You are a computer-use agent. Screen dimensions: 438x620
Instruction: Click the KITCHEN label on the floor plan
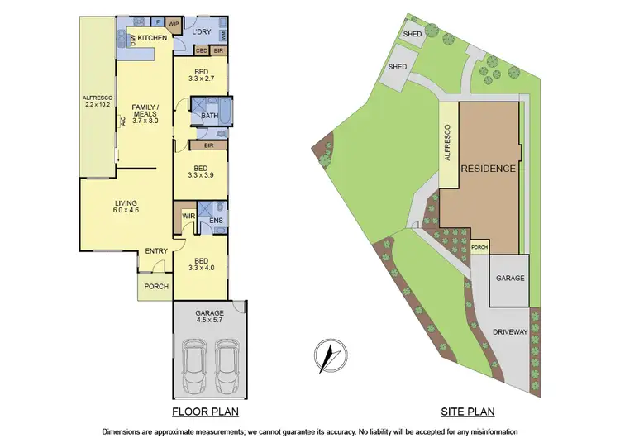coord(153,38)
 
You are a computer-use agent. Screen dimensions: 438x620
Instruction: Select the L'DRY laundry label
coord(203,33)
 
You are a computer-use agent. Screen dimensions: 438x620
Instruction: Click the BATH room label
coord(209,116)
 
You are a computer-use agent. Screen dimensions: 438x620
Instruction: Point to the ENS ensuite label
coord(216,221)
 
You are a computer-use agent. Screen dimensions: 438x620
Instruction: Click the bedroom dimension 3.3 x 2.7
coord(202,79)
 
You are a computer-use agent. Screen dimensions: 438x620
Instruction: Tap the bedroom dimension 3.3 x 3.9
coord(202,176)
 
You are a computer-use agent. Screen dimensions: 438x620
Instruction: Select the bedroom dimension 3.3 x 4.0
coord(202,267)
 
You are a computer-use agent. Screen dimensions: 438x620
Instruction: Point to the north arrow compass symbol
coord(328,356)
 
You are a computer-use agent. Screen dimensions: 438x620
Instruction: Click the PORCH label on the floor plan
coord(156,287)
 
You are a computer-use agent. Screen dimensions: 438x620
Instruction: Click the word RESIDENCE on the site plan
coord(489,169)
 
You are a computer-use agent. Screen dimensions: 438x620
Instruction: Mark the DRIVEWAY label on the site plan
coord(509,331)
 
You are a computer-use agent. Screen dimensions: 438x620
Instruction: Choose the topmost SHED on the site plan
coord(412,34)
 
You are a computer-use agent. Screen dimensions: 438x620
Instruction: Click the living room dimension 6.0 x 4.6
coord(126,209)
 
